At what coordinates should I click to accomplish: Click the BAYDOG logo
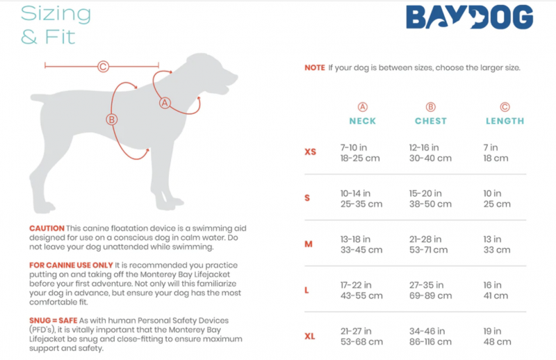point(469,17)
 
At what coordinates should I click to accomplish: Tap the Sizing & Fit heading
point(56,25)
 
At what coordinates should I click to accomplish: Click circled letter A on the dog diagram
point(165,103)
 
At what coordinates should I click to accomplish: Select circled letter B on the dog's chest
point(112,120)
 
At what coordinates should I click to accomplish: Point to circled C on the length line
point(103,66)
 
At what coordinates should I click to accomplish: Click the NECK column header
point(362,121)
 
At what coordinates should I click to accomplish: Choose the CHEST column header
point(430,121)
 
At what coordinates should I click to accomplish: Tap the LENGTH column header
point(505,121)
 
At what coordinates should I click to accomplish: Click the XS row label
point(310,152)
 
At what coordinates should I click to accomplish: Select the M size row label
point(309,244)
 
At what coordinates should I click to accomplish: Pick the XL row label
point(310,336)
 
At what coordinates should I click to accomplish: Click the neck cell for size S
point(361,199)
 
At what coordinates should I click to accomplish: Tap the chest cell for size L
point(430,290)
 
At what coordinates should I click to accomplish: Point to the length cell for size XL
point(497,336)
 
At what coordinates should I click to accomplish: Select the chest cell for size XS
point(430,153)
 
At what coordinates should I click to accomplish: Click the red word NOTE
point(315,67)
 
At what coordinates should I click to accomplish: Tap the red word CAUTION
point(47,228)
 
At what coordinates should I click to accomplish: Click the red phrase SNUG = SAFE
point(54,320)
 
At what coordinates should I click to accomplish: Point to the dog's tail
point(41,97)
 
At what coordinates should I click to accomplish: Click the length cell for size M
point(497,245)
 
